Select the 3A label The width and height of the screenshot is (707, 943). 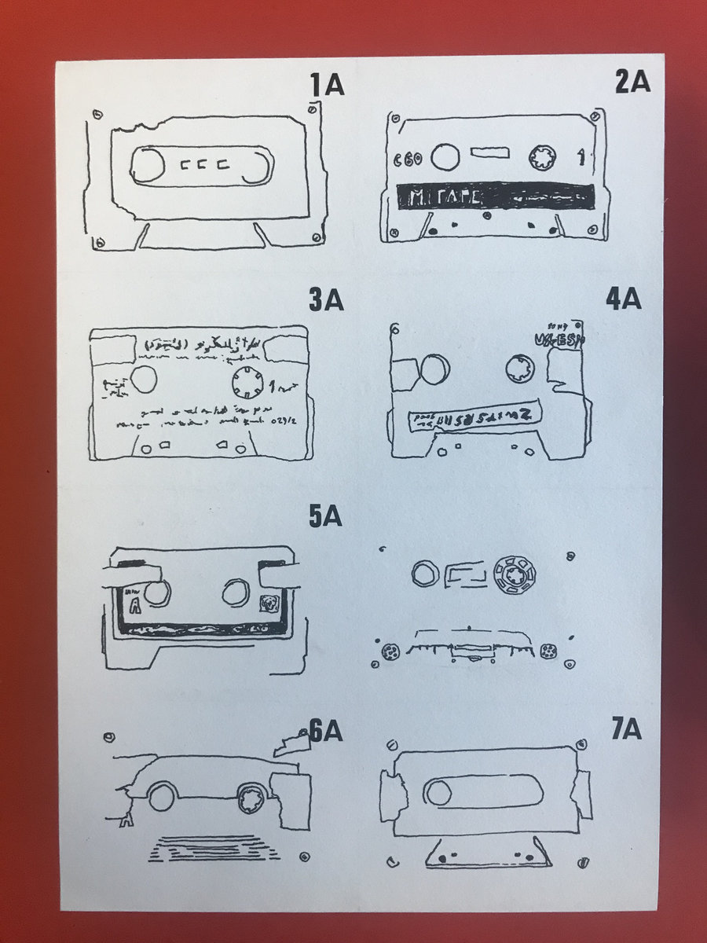tap(326, 300)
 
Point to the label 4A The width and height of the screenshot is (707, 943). tap(625, 299)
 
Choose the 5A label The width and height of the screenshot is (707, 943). tap(324, 517)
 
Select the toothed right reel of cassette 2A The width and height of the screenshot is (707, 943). tap(543, 156)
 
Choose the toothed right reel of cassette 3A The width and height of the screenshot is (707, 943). tap(250, 383)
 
